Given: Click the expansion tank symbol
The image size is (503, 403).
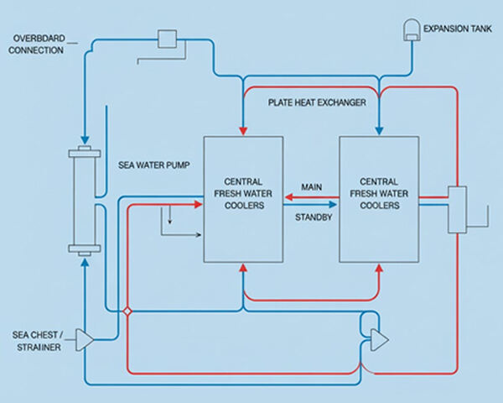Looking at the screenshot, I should click(411, 29).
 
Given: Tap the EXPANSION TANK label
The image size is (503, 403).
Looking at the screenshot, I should click(457, 29).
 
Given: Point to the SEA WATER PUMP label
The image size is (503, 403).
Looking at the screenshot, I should click(152, 166).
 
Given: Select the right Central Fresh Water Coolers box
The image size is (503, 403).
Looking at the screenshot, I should click(377, 199).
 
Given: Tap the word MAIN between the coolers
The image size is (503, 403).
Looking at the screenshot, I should click(311, 186).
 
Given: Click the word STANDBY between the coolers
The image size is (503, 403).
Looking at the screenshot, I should click(311, 217).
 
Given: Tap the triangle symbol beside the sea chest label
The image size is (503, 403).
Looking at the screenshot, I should click(84, 338).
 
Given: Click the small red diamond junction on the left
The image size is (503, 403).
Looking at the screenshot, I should click(127, 311).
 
